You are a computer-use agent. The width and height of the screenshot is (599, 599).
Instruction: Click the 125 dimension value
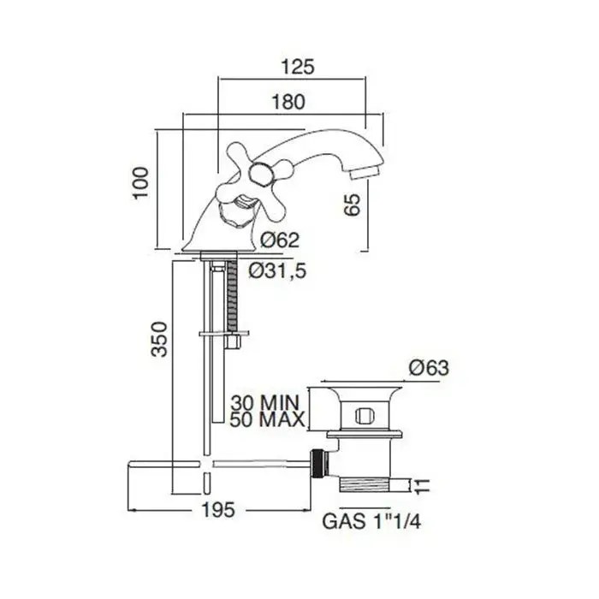click(298, 67)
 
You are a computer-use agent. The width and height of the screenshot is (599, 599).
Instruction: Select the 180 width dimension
click(288, 102)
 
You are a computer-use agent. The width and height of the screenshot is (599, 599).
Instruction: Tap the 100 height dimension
click(140, 182)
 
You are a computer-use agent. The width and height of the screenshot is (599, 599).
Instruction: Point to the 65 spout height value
click(352, 205)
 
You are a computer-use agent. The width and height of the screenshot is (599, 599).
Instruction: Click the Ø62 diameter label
click(280, 240)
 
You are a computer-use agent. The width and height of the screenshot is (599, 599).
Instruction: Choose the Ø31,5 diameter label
click(278, 271)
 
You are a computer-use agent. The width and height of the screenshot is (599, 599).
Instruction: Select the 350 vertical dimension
click(159, 339)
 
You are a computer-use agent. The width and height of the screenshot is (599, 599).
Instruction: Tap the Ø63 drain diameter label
click(429, 368)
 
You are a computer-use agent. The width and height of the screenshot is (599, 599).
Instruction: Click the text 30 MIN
click(264, 402)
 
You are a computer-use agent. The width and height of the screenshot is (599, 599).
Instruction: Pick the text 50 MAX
click(267, 419)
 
